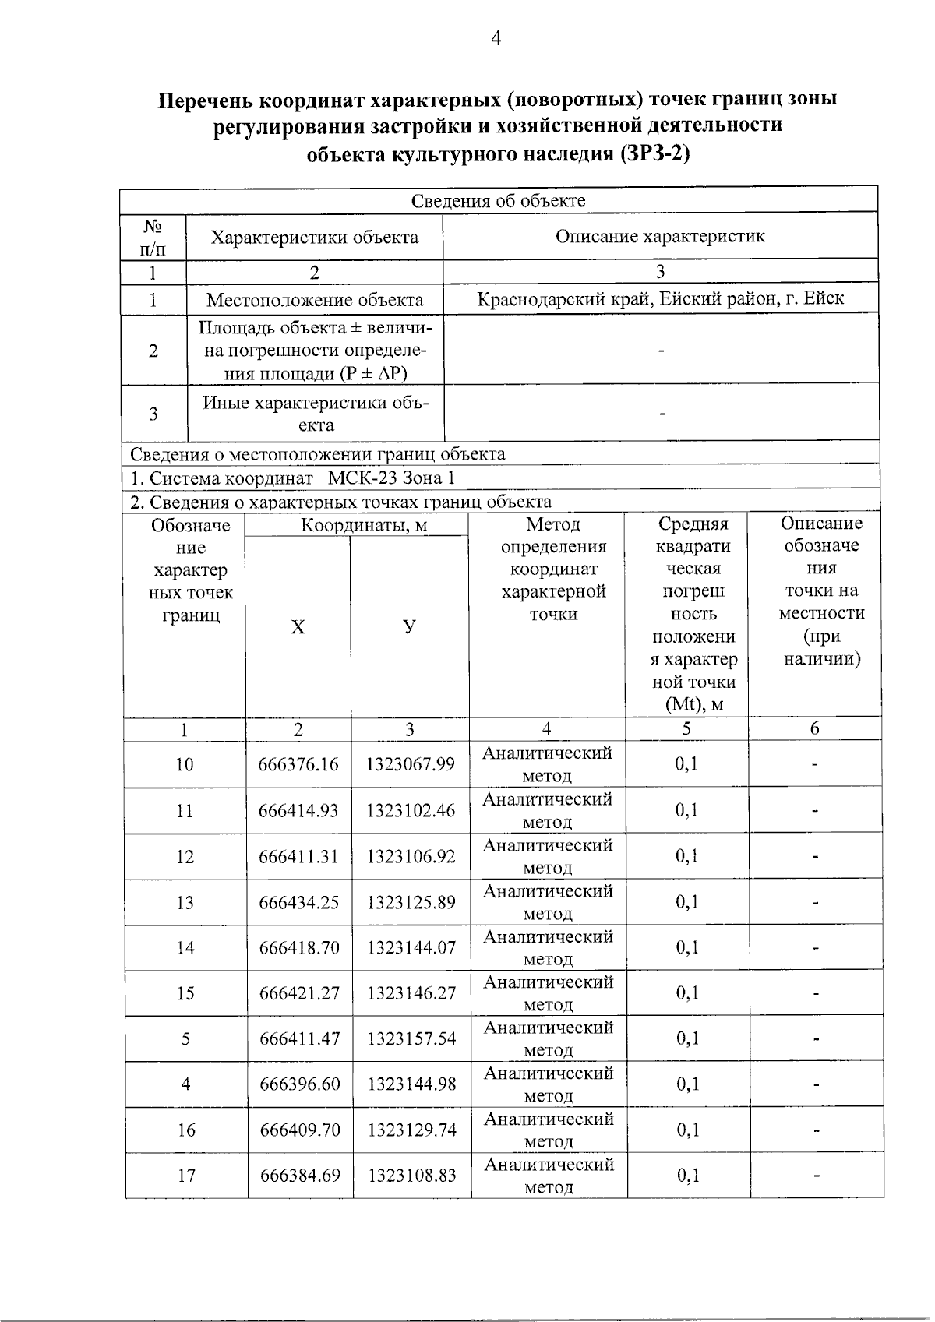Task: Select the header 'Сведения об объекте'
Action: [498, 201]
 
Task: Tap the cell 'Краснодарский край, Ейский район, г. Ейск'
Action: [660, 298]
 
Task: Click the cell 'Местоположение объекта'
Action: [315, 300]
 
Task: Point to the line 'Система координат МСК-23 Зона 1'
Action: [292, 478]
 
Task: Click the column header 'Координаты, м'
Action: [364, 526]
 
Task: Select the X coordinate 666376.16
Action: [298, 765]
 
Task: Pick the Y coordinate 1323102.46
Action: [411, 811]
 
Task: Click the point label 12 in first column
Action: [185, 857]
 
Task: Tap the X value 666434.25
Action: [298, 903]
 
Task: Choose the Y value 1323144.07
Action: [411, 948]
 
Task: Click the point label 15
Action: [185, 994]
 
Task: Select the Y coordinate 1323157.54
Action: [411, 1039]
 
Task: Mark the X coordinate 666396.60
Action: [299, 1084]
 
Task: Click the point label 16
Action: [185, 1130]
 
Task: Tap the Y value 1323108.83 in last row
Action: [411, 1176]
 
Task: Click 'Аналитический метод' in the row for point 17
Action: [549, 1176]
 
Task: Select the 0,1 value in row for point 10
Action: [686, 764]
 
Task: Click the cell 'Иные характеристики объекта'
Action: [316, 414]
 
